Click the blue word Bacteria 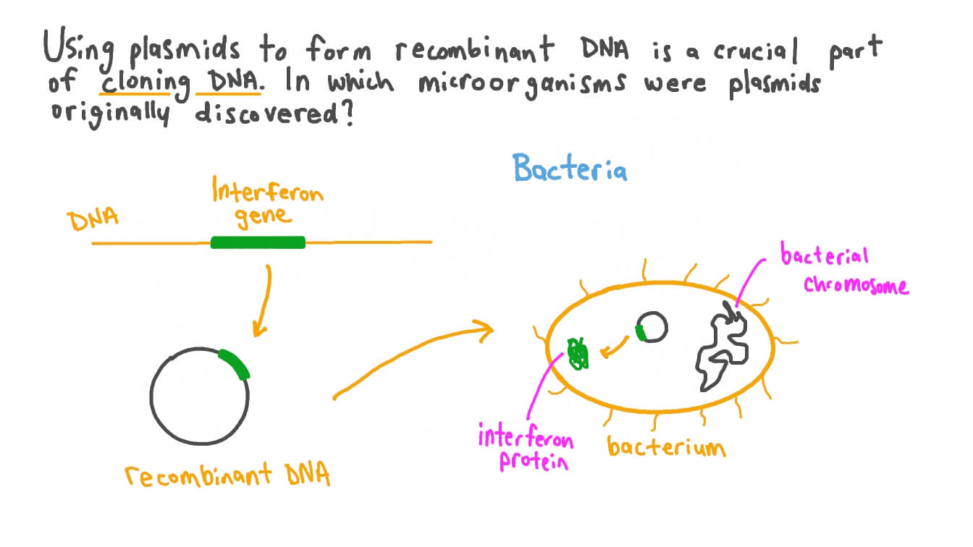point(570,169)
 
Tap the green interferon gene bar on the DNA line point(257,242)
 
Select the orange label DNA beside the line point(92,221)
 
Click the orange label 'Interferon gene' point(267,205)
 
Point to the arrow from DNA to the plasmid point(262,300)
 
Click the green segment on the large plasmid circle point(235,364)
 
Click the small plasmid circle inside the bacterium point(651,327)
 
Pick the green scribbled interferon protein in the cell point(578,353)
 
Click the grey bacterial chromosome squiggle point(720,347)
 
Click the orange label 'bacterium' point(665,446)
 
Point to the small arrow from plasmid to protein point(615,349)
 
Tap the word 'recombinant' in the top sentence point(475,51)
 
